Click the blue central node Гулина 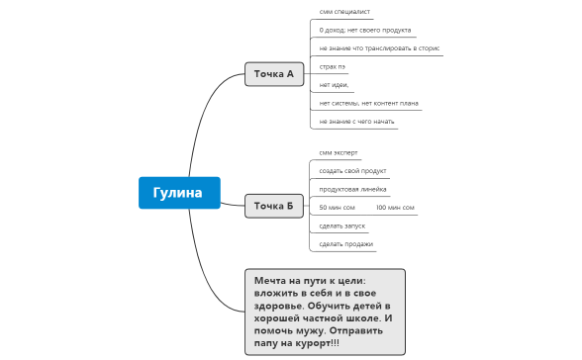[178, 192]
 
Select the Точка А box [273, 74]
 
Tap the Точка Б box [273, 206]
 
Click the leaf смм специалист [344, 12]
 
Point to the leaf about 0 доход [365, 31]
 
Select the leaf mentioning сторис [380, 48]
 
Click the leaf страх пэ [333, 66]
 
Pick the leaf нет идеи [335, 85]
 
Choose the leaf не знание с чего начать [357, 122]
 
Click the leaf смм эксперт [339, 153]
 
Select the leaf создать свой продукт [352, 171]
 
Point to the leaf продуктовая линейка [352, 189]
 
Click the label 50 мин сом [337, 208]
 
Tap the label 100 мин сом [395, 208]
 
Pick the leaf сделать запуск [341, 225]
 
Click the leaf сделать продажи [346, 243]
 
